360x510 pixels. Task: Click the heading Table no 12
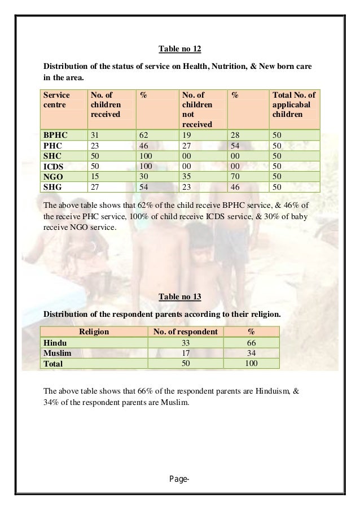click(x=179, y=48)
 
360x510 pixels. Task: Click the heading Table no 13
click(x=179, y=296)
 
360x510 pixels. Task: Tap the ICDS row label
click(x=54, y=166)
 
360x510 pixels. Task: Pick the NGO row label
click(x=54, y=176)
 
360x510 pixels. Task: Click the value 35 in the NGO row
click(x=186, y=176)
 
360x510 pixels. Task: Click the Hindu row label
click(x=54, y=343)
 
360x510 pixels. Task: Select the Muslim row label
click(x=58, y=353)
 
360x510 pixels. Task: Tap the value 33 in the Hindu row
click(x=185, y=343)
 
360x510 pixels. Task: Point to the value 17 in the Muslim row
click(x=185, y=353)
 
